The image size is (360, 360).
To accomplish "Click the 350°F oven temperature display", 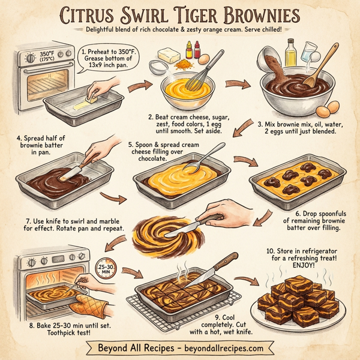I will tap(49, 59).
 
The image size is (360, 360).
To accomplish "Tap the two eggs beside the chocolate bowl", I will tap(326, 110).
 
